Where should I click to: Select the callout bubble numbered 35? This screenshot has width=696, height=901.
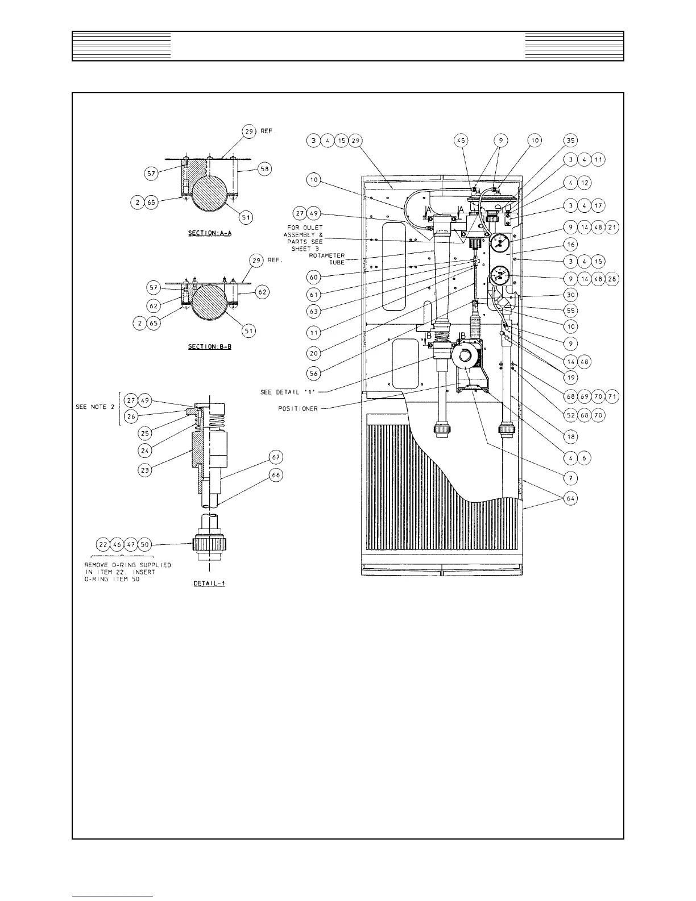point(570,140)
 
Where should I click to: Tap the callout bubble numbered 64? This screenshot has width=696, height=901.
point(570,499)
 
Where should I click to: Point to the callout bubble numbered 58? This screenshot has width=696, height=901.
point(266,168)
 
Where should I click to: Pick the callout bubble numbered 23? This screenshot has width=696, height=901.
point(146,471)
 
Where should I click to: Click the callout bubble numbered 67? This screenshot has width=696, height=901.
point(276,457)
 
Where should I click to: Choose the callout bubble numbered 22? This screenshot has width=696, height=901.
point(103,544)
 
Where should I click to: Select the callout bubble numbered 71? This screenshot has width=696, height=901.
point(612,396)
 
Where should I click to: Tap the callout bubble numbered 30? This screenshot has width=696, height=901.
point(570,295)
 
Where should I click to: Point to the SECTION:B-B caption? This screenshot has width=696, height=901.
point(210,346)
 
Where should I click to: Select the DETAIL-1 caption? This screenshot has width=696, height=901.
point(209,584)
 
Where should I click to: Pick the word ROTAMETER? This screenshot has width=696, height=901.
point(327,255)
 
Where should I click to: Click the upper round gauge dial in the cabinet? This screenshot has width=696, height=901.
point(499,245)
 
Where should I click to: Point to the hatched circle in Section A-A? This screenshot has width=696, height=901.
point(212,200)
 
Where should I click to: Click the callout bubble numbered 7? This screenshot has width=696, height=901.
point(570,478)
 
